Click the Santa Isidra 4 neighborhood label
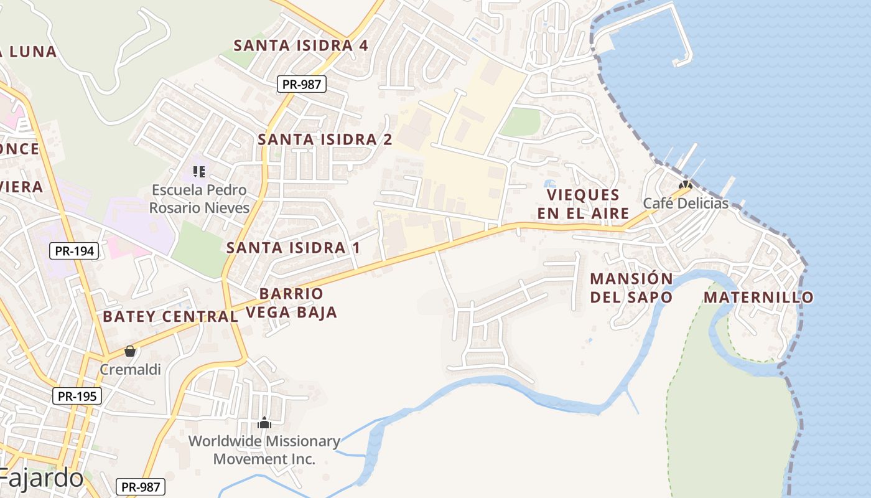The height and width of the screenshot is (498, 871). (x=300, y=45)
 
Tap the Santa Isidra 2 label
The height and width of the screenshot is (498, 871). (x=325, y=139)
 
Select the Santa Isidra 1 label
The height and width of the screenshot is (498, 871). (x=293, y=248)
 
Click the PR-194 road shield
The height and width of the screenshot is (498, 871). (x=74, y=251)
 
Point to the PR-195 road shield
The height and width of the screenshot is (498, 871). (x=77, y=396)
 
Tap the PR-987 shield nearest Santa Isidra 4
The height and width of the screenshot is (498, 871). (x=302, y=84)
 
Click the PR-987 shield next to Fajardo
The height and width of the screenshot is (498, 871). (x=141, y=487)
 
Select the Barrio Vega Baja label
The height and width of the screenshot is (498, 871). (x=291, y=303)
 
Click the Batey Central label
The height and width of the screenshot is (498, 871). (x=170, y=316)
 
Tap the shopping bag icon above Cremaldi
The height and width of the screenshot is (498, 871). (x=130, y=351)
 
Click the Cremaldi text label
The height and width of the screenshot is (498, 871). (x=131, y=369)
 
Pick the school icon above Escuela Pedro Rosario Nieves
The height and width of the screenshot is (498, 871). (x=199, y=171)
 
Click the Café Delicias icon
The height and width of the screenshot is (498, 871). (x=686, y=186)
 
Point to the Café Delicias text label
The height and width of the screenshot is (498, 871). (x=686, y=204)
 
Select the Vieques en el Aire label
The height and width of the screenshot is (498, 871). (x=583, y=204)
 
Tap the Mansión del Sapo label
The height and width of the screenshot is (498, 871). (x=631, y=288)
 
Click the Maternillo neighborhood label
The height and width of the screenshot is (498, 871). (x=758, y=298)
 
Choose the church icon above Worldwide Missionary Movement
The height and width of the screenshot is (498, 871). (x=264, y=423)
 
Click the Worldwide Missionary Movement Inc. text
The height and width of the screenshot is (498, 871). (x=264, y=450)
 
